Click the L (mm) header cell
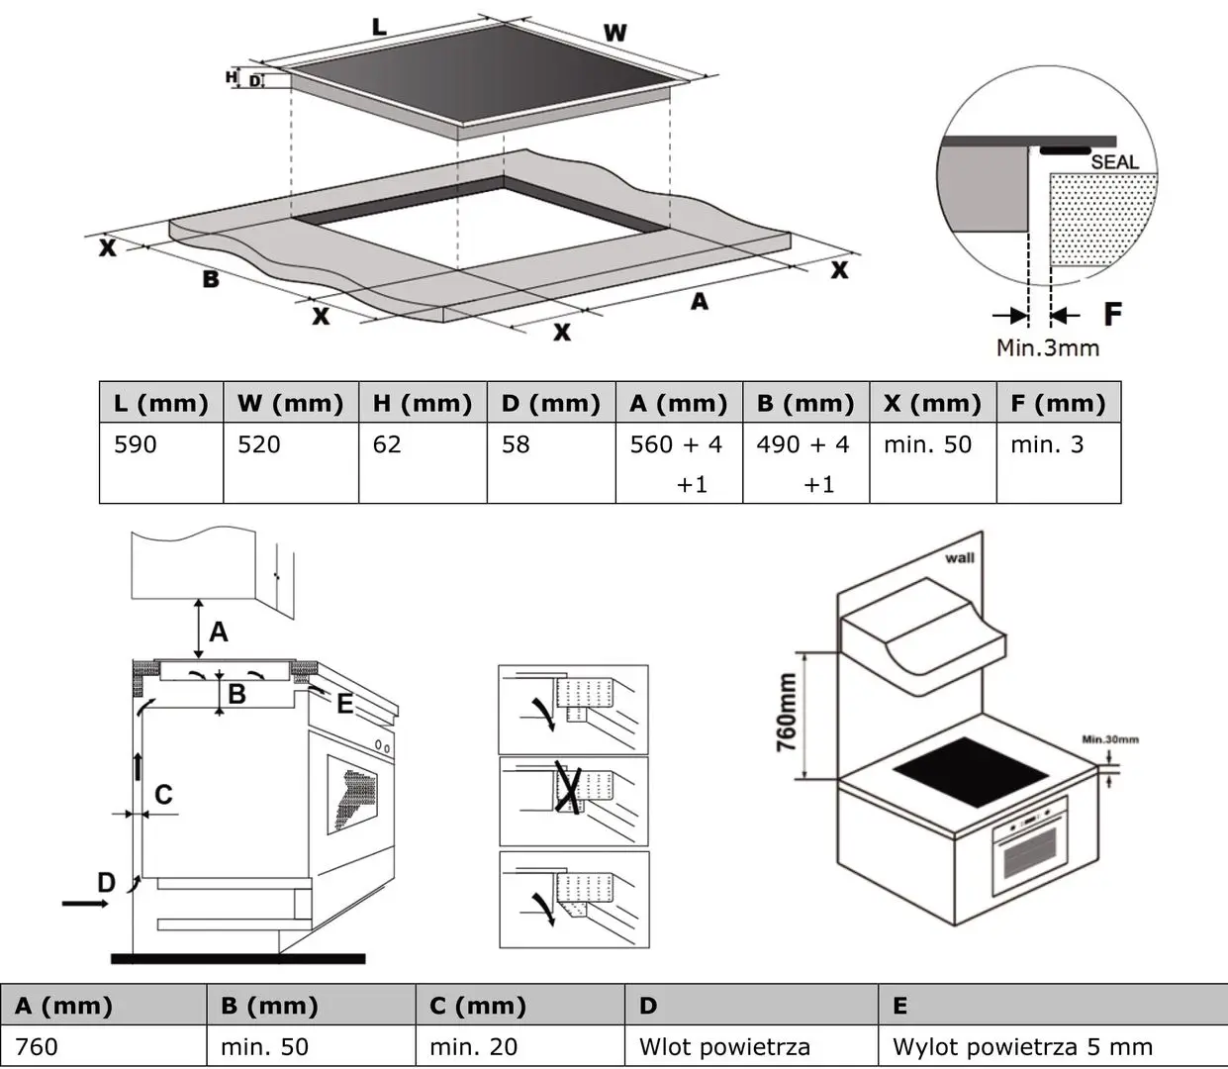[x=161, y=403]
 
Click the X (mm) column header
[x=932, y=403]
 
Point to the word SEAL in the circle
[x=1114, y=161]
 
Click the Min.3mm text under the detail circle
[x=1047, y=347]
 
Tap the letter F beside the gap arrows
[x=1112, y=315]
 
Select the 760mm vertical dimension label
[x=788, y=713]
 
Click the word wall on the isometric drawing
[x=959, y=558]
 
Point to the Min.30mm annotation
[x=1109, y=739]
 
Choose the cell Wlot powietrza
[x=724, y=1046]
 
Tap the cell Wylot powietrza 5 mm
[x=1022, y=1046]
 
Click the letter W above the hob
[x=615, y=34]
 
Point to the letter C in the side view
[x=164, y=794]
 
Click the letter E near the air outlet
[x=344, y=704]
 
